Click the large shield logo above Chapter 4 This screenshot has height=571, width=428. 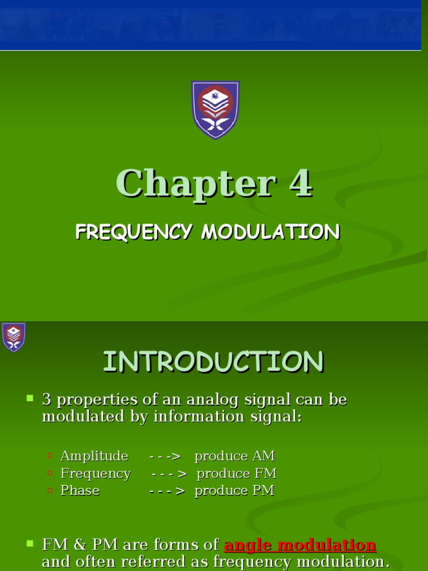pyautogui.click(x=215, y=109)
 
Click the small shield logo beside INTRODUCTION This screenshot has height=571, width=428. pyautogui.click(x=13, y=337)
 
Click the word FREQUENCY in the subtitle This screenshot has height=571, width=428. pyautogui.click(x=134, y=232)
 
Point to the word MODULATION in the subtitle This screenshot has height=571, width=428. pyautogui.click(x=270, y=232)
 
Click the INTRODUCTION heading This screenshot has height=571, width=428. pyautogui.click(x=213, y=362)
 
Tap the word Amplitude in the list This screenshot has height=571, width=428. pyautogui.click(x=94, y=456)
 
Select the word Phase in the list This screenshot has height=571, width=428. pyautogui.click(x=80, y=491)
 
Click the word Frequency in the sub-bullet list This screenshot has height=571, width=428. pyautogui.click(x=95, y=473)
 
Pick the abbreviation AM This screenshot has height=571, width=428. pyautogui.click(x=264, y=456)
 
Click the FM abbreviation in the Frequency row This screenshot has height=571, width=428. pyautogui.click(x=266, y=473)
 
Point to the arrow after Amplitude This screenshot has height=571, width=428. pyautogui.click(x=166, y=456)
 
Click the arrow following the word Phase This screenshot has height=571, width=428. pyautogui.click(x=167, y=491)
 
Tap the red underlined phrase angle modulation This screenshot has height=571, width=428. pyautogui.click(x=300, y=545)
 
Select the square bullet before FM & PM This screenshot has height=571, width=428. pyautogui.click(x=30, y=543)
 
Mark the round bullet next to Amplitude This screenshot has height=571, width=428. pyautogui.click(x=50, y=456)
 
